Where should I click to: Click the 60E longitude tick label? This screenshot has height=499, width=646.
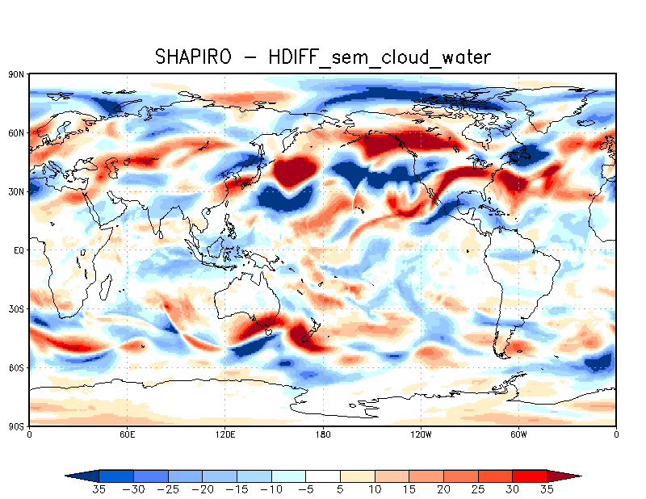127,434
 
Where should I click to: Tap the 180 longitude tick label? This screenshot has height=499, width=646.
323,434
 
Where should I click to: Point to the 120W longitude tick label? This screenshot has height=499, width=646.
420,434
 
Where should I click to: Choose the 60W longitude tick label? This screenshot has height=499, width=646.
518,434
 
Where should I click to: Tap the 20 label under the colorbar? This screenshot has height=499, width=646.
443,489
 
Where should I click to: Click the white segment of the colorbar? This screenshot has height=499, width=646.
323,476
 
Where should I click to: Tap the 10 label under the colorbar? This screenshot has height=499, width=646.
375,489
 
